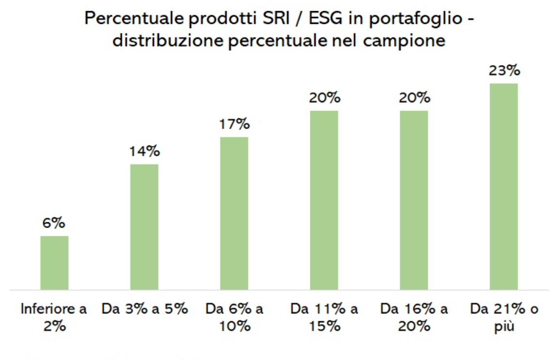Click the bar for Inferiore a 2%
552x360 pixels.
[54, 262]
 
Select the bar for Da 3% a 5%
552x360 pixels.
[144, 227]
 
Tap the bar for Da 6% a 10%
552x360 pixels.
[234, 213]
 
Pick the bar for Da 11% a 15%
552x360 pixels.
[324, 200]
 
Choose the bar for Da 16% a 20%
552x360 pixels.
[414, 200]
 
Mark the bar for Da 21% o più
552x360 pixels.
[503, 186]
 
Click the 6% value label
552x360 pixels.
[54, 224]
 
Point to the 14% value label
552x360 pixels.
[144, 151]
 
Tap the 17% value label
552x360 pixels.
[234, 125]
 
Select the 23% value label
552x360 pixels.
[504, 71]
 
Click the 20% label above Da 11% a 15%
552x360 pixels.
[324, 98]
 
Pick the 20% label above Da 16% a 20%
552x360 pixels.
[414, 98]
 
